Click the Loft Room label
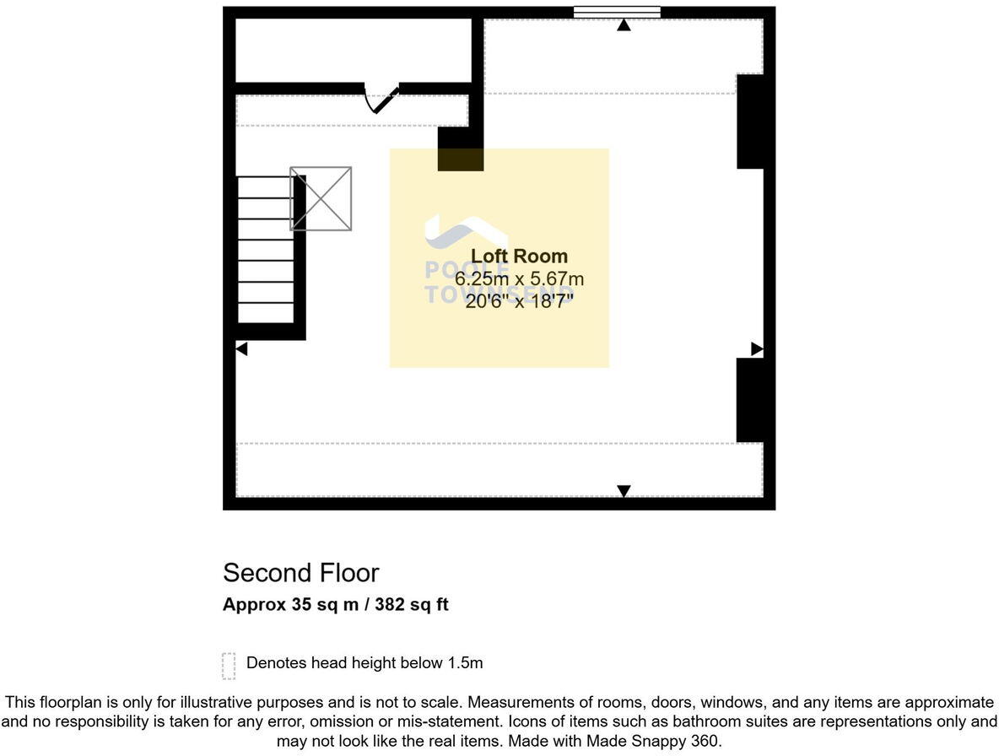519,256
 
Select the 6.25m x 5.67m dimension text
519,278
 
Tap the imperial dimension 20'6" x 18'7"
519,300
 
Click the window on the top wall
617,12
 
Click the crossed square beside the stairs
321,198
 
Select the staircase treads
266,249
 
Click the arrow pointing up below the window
624,25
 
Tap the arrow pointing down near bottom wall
624,491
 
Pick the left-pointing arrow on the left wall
241,348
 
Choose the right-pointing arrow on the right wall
757,348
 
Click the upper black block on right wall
750,121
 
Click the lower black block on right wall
750,400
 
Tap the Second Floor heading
301,573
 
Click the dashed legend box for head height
229,665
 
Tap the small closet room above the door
353,50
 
